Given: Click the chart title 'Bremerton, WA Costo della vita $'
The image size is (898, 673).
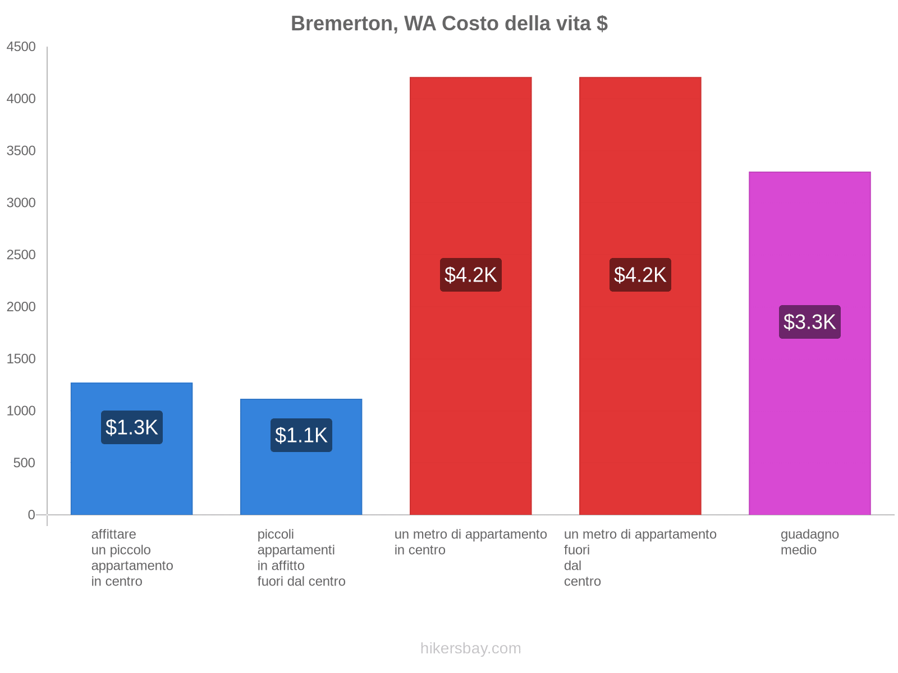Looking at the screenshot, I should [449, 24].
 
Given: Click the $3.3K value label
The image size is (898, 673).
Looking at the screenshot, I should [809, 322].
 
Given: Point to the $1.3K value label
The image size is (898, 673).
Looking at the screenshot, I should [131, 427].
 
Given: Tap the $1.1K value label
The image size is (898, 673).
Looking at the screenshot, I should [301, 435].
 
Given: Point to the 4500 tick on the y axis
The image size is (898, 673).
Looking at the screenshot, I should [21, 47].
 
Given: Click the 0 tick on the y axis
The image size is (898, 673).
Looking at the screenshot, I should [31, 515].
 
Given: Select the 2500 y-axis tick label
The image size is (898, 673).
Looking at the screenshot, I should [21, 255].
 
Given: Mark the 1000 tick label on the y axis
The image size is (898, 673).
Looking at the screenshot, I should [21, 411].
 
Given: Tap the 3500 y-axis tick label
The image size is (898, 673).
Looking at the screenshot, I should [21, 151].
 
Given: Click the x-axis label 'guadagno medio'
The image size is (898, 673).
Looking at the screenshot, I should [809, 542].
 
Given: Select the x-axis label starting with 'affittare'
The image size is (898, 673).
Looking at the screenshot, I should [132, 557].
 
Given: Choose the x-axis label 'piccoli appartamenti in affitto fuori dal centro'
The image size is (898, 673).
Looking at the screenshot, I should [301, 557].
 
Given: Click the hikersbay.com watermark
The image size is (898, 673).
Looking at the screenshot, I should [470, 648].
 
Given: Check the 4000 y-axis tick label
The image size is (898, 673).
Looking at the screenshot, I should [21, 99].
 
